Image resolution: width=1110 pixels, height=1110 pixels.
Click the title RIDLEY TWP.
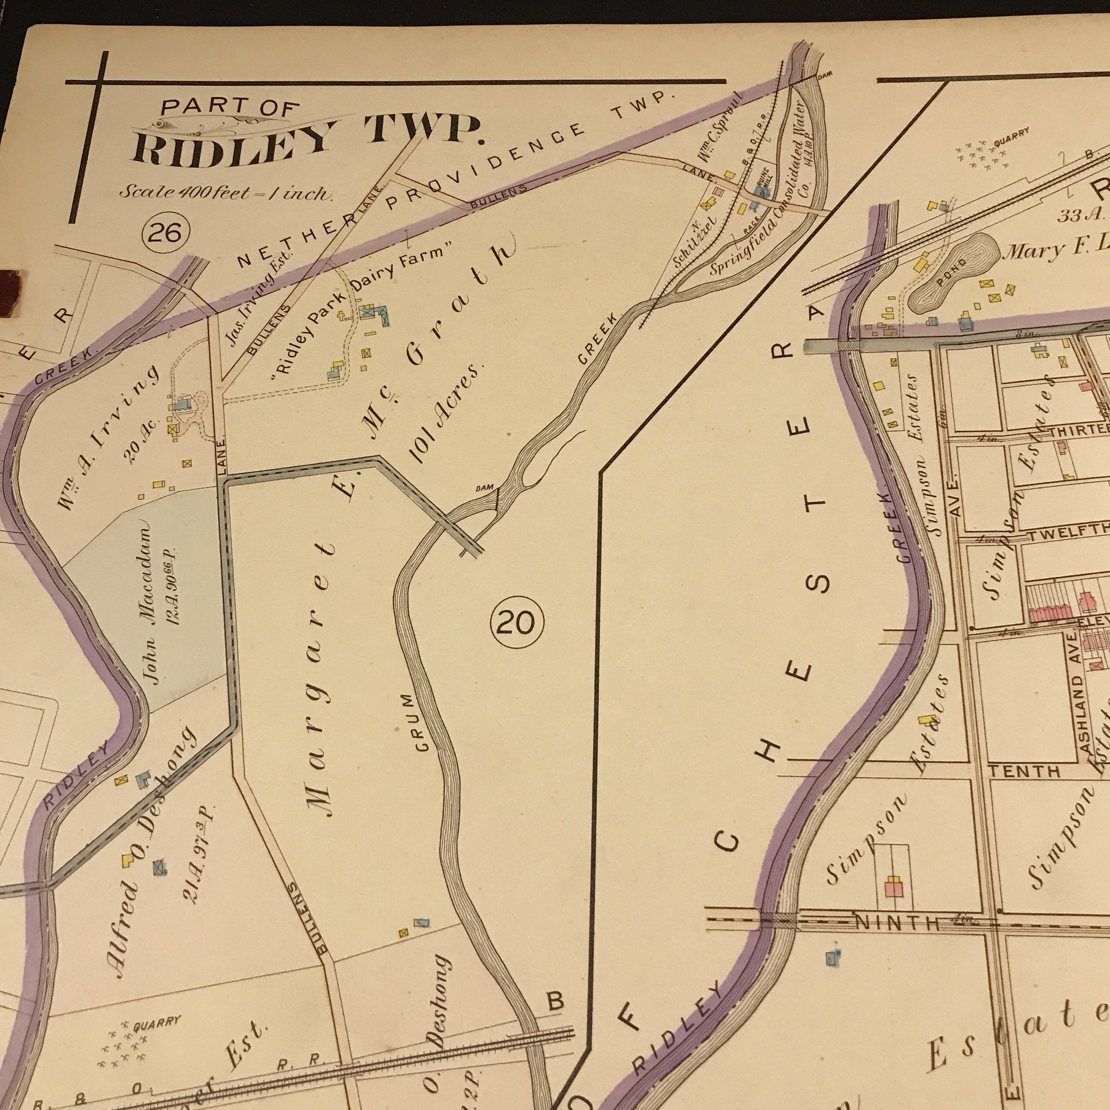[x=307, y=141]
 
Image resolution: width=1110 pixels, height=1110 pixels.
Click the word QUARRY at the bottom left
[x=157, y=1023]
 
